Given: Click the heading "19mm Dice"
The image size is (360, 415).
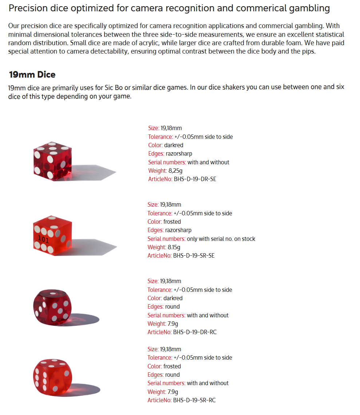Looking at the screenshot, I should pos(32,75).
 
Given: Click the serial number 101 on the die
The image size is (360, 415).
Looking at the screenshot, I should pos(43,240).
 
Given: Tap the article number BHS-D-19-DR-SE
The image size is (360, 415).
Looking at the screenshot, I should pos(195,179).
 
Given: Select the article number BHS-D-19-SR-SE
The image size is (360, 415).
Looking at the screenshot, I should pos(194,256).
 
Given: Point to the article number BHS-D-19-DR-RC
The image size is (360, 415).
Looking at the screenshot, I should pos(195,332).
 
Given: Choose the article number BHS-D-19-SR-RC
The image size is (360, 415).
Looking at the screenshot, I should pos(194,400).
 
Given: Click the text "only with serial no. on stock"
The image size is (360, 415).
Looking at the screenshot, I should pos(221,239).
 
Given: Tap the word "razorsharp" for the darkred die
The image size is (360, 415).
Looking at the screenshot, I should pos(179,154).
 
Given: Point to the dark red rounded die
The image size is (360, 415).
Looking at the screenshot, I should pos(52,307).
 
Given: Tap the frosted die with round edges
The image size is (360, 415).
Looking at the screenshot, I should pos(52,376).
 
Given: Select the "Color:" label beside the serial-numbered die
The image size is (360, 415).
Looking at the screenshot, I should pos(155,222).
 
